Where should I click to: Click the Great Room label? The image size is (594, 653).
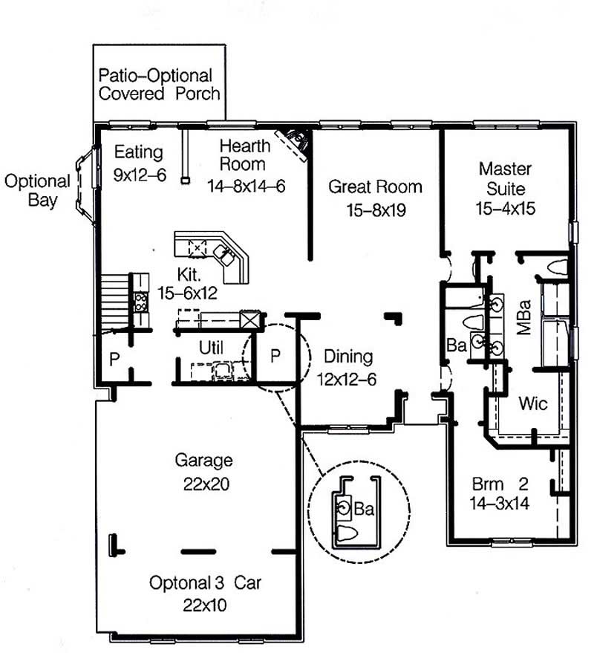pos(375,187)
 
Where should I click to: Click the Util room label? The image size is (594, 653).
pos(211,347)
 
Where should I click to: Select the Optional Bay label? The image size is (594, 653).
pos(36,190)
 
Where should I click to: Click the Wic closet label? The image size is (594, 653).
pos(533,403)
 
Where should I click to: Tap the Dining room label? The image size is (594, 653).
pos(348,357)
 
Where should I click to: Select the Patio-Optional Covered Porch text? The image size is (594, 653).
pos(159,85)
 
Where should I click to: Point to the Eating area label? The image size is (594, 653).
pos(138,152)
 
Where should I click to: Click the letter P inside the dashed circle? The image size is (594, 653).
pos(275,356)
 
